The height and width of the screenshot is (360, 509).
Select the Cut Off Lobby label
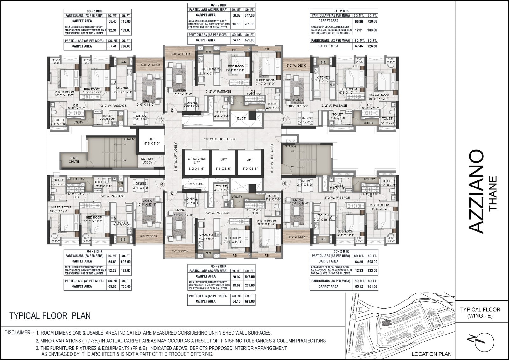[147, 160]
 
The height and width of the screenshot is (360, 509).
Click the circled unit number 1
[284, 120]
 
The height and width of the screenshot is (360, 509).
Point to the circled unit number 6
[285, 184]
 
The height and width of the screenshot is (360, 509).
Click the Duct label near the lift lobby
[241, 118]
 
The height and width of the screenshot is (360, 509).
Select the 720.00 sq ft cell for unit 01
[372, 21]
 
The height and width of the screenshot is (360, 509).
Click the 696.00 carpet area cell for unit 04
[126, 262]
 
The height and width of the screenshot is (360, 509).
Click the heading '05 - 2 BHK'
[219, 266]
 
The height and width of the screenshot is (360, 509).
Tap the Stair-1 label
[130, 139]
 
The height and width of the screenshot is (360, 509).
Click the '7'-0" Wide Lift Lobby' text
[219, 139]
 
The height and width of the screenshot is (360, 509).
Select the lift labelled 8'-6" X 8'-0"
[151, 141]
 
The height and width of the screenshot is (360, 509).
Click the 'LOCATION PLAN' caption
[431, 354]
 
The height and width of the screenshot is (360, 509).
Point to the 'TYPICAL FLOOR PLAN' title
[50, 316]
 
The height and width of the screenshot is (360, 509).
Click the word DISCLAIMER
[18, 333]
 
